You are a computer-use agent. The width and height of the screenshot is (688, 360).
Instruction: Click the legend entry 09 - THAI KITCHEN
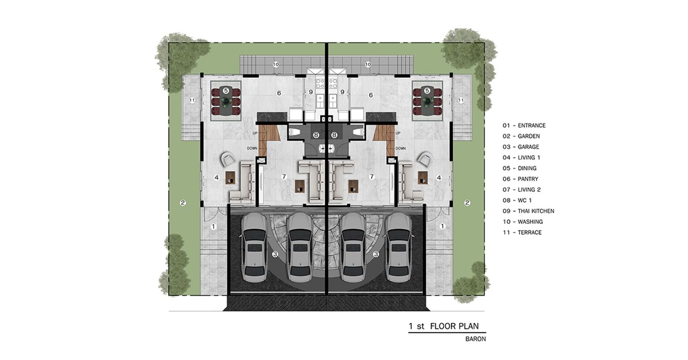click(x=528, y=211)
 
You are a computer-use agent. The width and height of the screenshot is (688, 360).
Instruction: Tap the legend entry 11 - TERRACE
click(x=522, y=233)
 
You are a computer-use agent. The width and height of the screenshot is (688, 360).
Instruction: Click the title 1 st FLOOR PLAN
click(x=444, y=326)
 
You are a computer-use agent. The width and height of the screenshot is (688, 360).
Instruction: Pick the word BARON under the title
click(x=476, y=339)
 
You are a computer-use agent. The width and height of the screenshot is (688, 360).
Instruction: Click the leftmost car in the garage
click(x=254, y=248)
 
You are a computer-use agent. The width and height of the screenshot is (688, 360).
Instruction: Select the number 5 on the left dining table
click(x=226, y=91)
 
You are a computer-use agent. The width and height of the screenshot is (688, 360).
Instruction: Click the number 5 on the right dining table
click(x=427, y=91)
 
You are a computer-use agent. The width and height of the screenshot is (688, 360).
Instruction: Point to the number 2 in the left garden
click(x=183, y=203)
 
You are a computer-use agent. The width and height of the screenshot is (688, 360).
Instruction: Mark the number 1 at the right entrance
click(x=442, y=227)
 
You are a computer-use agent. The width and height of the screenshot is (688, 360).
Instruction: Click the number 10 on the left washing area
click(x=276, y=65)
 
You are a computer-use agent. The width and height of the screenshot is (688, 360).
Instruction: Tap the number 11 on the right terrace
click(x=461, y=100)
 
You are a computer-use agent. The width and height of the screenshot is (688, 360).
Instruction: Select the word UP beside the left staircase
click(x=255, y=133)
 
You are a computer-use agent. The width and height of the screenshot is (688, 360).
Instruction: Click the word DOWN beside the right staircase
click(x=400, y=149)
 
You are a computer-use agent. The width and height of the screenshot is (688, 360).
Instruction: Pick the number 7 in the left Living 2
click(x=284, y=177)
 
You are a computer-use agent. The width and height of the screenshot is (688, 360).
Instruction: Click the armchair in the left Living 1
click(x=228, y=159)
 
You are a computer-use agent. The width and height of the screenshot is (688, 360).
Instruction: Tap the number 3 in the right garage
click(x=376, y=255)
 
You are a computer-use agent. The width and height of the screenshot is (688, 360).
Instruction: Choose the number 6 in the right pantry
click(x=371, y=95)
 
